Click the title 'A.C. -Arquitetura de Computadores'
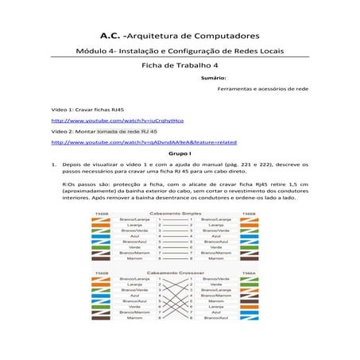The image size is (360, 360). (180, 36)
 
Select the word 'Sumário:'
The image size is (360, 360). (215, 79)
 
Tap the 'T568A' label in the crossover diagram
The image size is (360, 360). (249, 273)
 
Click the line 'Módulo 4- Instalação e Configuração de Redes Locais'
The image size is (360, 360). (180, 51)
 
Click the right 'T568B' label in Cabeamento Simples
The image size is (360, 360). (249, 213)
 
